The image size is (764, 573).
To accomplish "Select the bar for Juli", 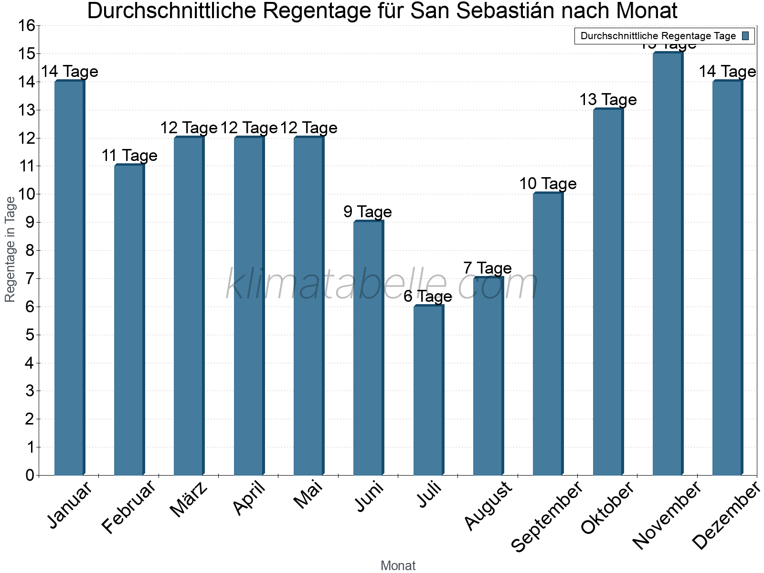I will click(x=428, y=390).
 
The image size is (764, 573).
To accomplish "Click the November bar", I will click(x=668, y=264).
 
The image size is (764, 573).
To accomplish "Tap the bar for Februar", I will click(x=129, y=320).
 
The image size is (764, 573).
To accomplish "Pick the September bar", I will click(x=548, y=334).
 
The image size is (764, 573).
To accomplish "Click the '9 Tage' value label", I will click(x=368, y=212).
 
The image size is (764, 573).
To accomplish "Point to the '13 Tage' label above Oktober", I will click(x=608, y=99).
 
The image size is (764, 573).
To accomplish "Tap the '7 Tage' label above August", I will click(x=488, y=268).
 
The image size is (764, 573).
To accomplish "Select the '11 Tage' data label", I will click(x=129, y=156).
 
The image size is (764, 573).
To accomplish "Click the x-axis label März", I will click(x=189, y=499).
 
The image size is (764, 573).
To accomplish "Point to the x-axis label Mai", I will click(x=308, y=495).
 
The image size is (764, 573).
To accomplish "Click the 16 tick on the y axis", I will click(x=27, y=26).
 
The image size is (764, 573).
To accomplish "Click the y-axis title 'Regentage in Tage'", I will click(x=11, y=249).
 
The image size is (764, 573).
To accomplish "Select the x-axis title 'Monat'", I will click(x=398, y=565).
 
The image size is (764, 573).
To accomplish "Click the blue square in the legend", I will click(x=745, y=36).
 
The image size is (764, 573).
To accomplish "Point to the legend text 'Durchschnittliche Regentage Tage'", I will click(x=658, y=36).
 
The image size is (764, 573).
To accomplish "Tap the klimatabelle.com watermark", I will click(x=382, y=285).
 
